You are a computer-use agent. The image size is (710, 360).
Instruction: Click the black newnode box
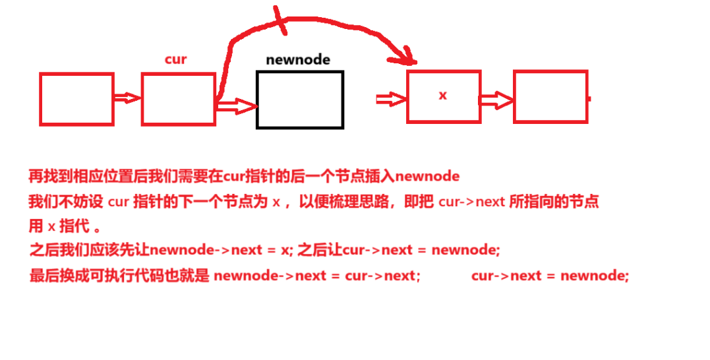point(300,99)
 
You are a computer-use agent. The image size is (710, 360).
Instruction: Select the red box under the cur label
point(178,99)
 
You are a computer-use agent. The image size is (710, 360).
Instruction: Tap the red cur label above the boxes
point(175,59)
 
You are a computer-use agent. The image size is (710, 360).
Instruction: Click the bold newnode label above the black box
point(298,59)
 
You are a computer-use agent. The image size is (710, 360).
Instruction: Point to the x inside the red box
point(442,96)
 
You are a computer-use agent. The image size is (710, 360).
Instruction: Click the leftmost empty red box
point(76,99)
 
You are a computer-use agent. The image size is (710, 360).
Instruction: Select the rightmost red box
point(550,97)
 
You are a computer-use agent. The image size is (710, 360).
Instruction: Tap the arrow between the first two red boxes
point(127,98)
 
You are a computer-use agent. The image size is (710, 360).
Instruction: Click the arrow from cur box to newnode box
point(235,105)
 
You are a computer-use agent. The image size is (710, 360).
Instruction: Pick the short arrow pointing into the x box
point(390,99)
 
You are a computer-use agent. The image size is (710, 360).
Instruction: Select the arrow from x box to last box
point(496,100)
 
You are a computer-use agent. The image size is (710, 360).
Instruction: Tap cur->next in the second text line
point(471,202)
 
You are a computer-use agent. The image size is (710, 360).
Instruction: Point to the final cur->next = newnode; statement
point(550,276)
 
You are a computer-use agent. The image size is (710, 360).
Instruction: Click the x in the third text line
point(51,227)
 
